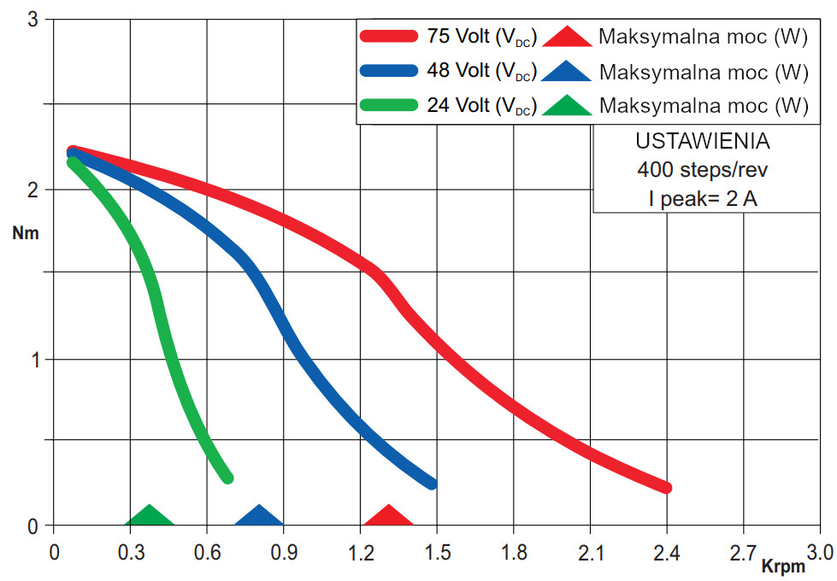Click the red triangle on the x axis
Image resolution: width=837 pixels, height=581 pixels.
click(388, 516)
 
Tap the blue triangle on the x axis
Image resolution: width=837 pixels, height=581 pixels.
click(258, 516)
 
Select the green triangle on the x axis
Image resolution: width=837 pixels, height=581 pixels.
click(150, 516)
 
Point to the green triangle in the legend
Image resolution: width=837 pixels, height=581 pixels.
click(567, 106)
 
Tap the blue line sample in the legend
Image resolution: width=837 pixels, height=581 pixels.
click(390, 71)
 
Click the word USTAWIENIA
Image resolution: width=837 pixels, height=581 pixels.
click(703, 140)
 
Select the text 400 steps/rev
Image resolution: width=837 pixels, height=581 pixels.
click(703, 169)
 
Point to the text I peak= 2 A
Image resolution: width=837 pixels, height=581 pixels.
click(703, 199)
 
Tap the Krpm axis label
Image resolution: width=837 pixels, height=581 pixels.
click(785, 565)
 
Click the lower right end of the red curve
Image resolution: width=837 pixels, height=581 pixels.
click(665, 487)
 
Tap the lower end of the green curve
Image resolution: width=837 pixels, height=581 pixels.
click(227, 478)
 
